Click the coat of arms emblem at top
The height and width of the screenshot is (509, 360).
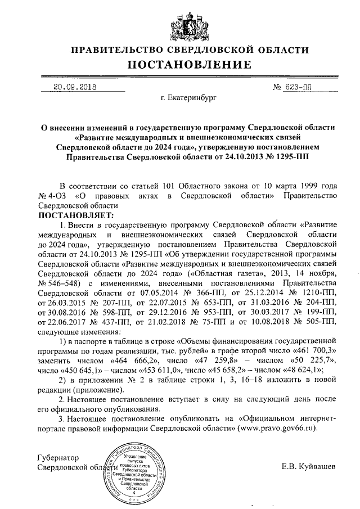point(180,23)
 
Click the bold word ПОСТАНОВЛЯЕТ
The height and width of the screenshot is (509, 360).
point(75,215)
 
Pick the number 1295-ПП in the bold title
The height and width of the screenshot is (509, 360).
point(285,158)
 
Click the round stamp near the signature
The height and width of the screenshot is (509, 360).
point(134,472)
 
